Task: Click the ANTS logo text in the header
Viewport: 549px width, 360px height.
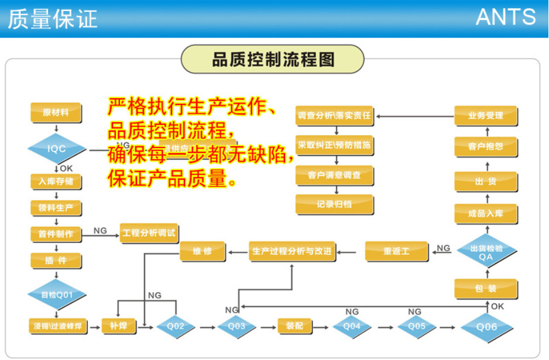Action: (506, 17)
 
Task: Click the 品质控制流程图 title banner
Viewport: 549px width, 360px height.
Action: (273, 60)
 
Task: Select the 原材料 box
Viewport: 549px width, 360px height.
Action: (56, 112)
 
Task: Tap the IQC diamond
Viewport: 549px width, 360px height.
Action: (56, 149)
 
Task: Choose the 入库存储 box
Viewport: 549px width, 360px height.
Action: (56, 181)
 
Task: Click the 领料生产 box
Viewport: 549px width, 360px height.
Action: (56, 207)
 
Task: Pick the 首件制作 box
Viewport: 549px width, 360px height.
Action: (56, 234)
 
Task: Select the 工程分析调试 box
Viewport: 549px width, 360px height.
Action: (149, 233)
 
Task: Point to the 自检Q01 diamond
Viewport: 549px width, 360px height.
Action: (56, 294)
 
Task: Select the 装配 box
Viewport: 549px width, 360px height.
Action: (294, 326)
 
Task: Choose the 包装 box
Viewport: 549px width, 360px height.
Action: (486, 289)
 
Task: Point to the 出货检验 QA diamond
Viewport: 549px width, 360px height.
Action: (486, 252)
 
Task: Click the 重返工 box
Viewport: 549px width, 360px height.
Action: (396, 252)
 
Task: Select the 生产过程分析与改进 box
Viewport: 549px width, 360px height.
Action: (291, 252)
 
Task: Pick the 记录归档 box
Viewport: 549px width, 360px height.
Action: (335, 204)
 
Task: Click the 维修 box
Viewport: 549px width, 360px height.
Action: (203, 252)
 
